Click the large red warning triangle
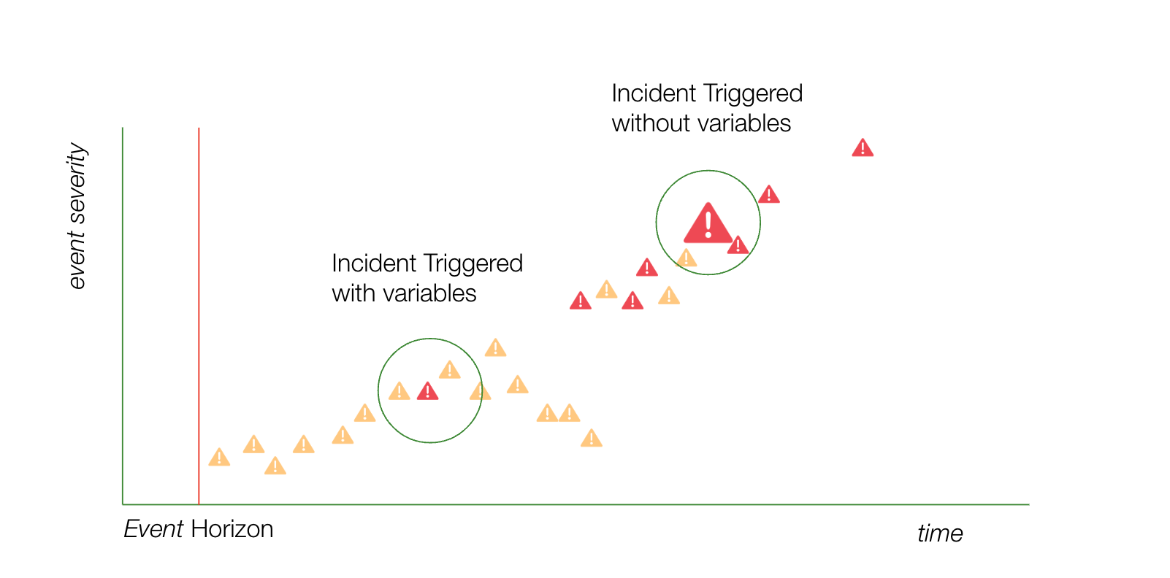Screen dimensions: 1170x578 pos(708,223)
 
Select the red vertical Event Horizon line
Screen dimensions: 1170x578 pos(199,316)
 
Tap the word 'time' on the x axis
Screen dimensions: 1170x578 pos(940,533)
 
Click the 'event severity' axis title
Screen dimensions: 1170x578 pos(77,215)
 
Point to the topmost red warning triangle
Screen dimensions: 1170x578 pos(863,147)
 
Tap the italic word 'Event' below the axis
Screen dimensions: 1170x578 pos(153,529)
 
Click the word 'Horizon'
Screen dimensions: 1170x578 pos(232,529)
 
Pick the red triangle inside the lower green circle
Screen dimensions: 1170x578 pos(428,391)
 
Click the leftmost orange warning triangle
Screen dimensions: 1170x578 pos(219,458)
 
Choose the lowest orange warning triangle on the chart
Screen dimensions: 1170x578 pos(275,466)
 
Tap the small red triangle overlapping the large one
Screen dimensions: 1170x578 pos(738,245)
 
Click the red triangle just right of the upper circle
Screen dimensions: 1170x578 pos(769,194)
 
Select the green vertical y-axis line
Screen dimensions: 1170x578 pos(123,316)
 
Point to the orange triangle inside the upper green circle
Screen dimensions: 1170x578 pos(686,258)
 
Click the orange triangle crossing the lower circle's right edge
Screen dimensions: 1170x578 pos(480,391)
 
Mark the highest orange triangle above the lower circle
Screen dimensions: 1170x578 pos(495,347)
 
